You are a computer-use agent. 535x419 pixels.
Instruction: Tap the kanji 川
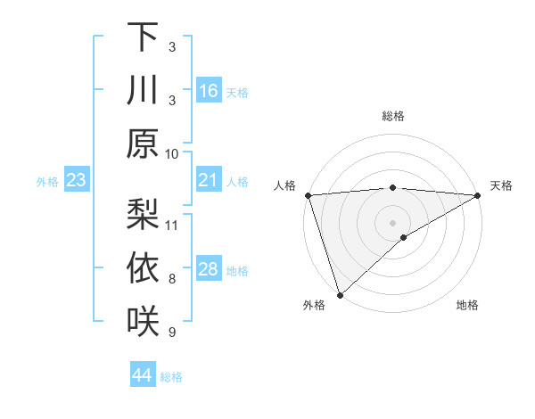(x=142, y=91)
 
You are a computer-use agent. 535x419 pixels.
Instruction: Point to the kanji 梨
(x=142, y=215)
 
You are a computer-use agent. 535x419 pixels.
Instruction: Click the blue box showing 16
(x=209, y=91)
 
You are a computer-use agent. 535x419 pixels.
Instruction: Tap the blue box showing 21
(x=209, y=181)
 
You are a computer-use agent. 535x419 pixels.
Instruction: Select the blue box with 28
(x=209, y=270)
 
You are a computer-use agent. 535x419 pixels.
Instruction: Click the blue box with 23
(x=77, y=181)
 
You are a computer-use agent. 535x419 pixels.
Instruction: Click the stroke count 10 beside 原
(x=172, y=153)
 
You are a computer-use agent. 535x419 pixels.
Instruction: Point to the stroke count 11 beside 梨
(x=172, y=225)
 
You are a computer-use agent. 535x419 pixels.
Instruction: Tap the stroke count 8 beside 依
(x=172, y=279)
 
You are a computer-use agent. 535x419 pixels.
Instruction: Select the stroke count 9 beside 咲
(x=172, y=333)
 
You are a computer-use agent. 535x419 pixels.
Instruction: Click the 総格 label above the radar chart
(x=392, y=116)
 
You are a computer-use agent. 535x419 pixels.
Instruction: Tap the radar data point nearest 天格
(x=478, y=195)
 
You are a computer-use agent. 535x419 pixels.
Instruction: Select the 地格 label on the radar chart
(x=467, y=306)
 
